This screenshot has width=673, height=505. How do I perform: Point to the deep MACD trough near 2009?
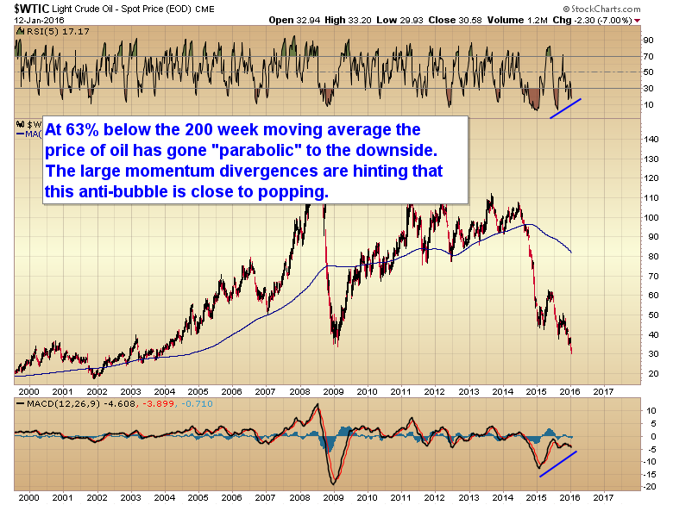[330, 482]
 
